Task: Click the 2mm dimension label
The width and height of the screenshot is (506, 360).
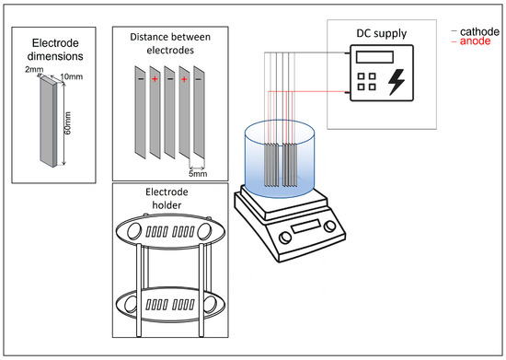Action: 34,69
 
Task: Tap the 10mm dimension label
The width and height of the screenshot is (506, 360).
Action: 72,76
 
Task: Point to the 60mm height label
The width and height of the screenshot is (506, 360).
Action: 68,123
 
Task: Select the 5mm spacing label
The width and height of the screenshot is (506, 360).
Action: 198,174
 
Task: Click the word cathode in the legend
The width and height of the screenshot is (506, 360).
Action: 479,31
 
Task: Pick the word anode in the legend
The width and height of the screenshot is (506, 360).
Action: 475,41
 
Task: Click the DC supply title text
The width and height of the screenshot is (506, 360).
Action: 382,33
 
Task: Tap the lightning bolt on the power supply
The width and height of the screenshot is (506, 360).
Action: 397,82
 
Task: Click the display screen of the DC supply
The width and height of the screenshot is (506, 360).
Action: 374,57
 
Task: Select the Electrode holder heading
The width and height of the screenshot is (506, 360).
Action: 167,198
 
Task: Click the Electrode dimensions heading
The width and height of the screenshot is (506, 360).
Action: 55,50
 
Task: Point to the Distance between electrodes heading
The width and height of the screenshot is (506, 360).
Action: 170,43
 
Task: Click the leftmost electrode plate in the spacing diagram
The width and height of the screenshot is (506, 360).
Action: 141,112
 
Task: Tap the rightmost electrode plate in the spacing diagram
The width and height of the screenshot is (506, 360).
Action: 199,112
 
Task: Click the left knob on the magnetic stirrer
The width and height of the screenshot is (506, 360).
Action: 285,238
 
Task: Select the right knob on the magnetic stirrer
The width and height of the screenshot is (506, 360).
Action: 329,226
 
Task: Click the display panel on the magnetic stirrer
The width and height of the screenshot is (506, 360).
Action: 305,226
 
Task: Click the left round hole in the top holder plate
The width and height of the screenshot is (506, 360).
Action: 134,231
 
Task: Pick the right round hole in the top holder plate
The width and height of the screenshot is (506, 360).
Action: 204,231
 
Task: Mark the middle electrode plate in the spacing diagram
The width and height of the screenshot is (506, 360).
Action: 169,112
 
